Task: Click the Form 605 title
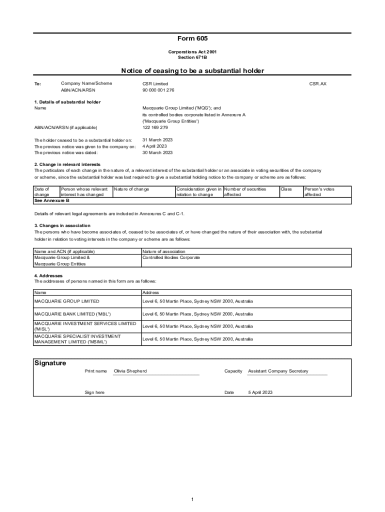coord(192,38)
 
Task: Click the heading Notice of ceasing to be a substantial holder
coord(192,71)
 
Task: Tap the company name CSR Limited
coord(155,83)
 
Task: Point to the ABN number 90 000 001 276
coord(158,90)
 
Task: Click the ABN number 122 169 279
coord(155,127)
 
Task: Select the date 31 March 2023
coord(157,140)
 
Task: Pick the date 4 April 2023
coord(154,146)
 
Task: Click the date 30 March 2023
coord(157,152)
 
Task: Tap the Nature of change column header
coord(131,189)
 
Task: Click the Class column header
coord(286,189)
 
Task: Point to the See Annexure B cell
coord(51,200)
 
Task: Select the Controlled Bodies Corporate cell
coord(171,257)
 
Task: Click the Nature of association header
coord(164,251)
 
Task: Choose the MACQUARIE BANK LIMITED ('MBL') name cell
coord(72,314)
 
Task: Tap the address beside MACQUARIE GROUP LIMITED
coord(197,301)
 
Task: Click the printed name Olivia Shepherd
coord(130,371)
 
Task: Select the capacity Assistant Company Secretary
coord(278,371)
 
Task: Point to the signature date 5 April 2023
coord(260,392)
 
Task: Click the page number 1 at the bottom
coord(192,499)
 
